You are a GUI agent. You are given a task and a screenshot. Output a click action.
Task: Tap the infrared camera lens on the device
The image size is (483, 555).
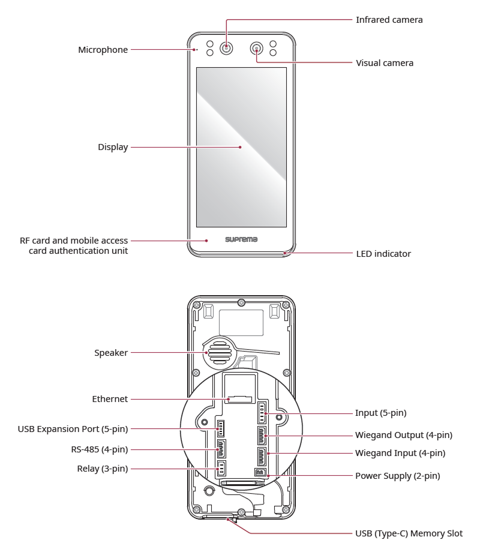tap(226, 48)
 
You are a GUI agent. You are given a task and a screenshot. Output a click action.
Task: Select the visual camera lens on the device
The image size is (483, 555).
tap(257, 48)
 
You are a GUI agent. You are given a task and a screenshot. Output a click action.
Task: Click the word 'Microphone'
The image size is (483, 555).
tap(103, 50)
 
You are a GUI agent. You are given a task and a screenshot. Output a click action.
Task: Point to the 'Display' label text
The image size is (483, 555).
tap(113, 146)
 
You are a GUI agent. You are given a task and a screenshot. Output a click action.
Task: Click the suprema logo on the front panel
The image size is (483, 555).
tap(241, 239)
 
